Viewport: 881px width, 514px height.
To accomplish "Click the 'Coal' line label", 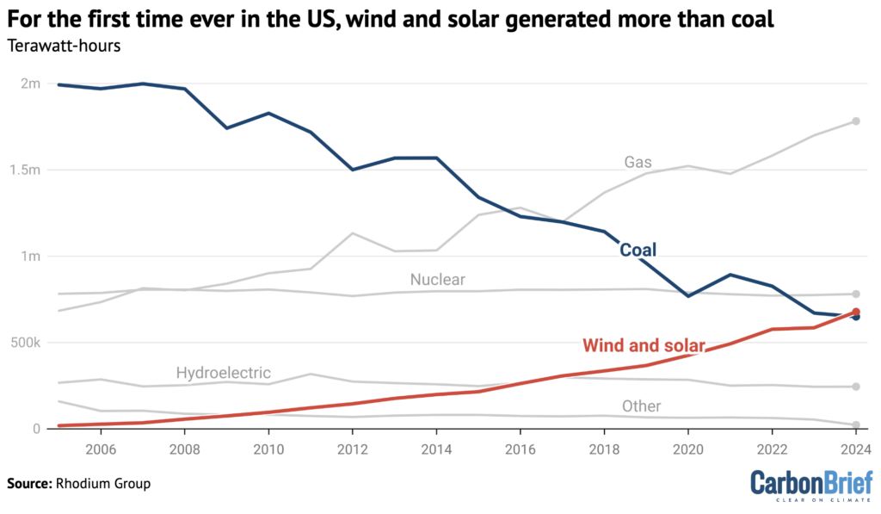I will pos(638,251).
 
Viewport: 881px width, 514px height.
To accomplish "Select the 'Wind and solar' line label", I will pos(644,346).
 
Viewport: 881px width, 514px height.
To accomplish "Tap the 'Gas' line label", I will pos(638,162).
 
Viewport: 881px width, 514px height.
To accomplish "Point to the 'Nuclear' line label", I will pos(437,279).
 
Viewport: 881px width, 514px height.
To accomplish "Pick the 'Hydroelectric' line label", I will pos(223,373).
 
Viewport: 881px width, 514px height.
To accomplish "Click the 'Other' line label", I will pos(641,406).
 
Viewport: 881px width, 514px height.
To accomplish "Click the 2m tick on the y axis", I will pos(31,84).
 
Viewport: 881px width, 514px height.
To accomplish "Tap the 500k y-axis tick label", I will pos(26,343).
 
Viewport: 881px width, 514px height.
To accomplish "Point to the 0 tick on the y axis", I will pos(37,429).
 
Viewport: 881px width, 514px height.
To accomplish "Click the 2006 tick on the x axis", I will pos(101,449).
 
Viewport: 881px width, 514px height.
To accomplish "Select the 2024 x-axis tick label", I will pos(853,449).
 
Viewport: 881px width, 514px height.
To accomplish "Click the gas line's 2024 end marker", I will pos(855,121).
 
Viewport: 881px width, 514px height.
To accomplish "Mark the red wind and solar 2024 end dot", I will pos(855,313).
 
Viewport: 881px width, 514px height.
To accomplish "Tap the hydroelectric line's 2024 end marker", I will pos(855,387).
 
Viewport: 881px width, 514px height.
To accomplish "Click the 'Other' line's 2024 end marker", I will pos(855,425).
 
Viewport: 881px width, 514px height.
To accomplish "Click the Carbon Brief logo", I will pos(810,485).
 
